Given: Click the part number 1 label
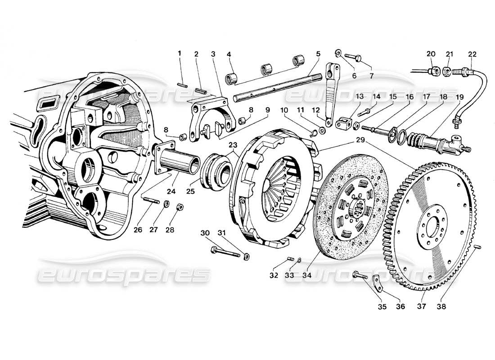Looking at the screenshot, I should [180, 54].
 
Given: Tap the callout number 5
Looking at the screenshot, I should [318, 54].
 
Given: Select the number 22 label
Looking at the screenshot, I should [472, 54].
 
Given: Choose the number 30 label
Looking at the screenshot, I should [205, 233].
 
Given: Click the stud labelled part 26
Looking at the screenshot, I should [150, 200].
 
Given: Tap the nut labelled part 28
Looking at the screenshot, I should [179, 207].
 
